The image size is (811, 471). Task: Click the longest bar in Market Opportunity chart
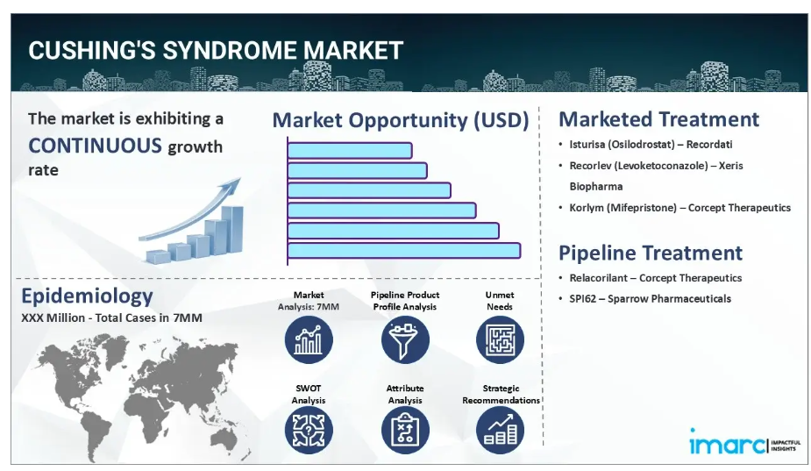[x=404, y=251]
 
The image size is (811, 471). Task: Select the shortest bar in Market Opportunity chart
[x=350, y=151]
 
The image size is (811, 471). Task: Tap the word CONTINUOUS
[x=96, y=146]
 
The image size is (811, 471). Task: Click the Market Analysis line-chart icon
[x=309, y=340]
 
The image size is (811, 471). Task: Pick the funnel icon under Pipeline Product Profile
[x=405, y=340]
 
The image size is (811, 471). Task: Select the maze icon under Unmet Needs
[x=500, y=340]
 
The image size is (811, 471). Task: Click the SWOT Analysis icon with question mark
[x=309, y=431]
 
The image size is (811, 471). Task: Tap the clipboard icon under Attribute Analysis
[x=405, y=431]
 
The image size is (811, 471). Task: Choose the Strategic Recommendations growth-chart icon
[x=500, y=431]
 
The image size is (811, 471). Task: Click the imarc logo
[x=744, y=443]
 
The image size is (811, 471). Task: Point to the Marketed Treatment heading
[x=659, y=119]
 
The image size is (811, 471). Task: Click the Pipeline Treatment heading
[x=651, y=253]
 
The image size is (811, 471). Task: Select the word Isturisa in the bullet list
[x=587, y=145]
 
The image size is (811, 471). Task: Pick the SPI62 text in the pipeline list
[x=583, y=298]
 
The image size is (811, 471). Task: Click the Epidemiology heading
[x=87, y=296]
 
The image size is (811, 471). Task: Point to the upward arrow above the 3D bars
[x=190, y=211]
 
